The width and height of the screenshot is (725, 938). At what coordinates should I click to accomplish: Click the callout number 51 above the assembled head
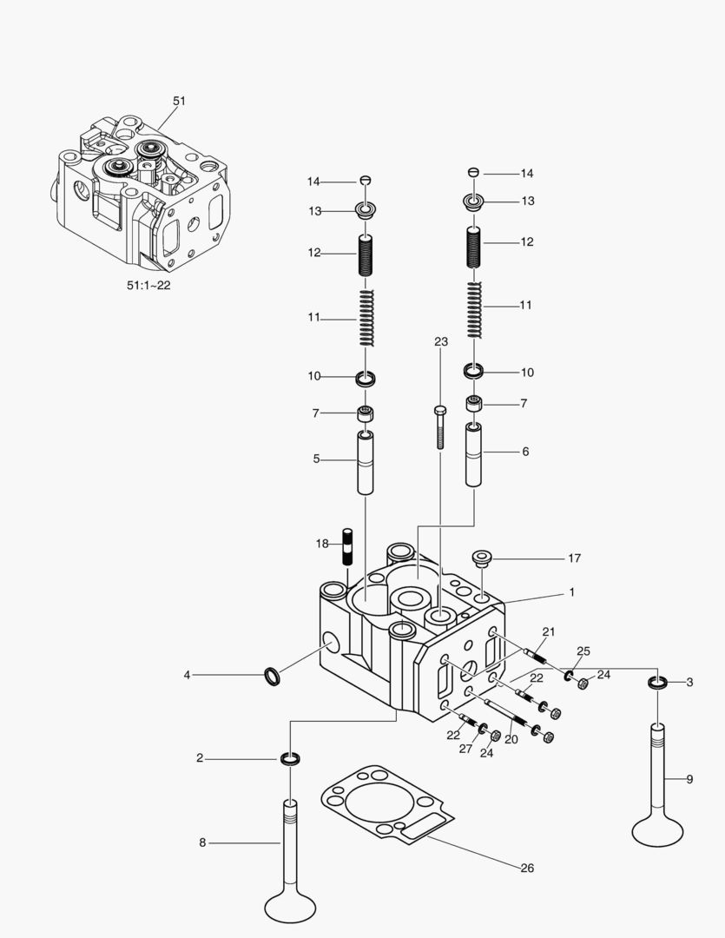(179, 101)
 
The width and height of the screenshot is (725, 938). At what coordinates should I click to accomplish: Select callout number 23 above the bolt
(441, 342)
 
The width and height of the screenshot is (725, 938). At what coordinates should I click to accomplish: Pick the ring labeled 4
(272, 675)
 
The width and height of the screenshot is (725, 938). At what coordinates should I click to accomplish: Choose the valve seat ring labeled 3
(658, 683)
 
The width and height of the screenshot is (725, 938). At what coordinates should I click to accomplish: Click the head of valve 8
(290, 905)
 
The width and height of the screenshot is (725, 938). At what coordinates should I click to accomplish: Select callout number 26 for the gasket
(527, 868)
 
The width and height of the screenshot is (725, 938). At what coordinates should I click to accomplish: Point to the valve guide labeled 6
(475, 455)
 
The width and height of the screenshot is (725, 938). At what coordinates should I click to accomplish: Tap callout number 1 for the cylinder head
(572, 591)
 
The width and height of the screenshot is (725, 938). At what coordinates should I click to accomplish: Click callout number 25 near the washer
(583, 651)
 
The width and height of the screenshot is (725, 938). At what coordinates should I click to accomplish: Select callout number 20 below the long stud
(511, 739)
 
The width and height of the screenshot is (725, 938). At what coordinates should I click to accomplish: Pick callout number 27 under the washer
(466, 748)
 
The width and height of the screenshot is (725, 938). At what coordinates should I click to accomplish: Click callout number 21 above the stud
(548, 631)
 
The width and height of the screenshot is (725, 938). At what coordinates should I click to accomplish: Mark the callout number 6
(525, 452)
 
